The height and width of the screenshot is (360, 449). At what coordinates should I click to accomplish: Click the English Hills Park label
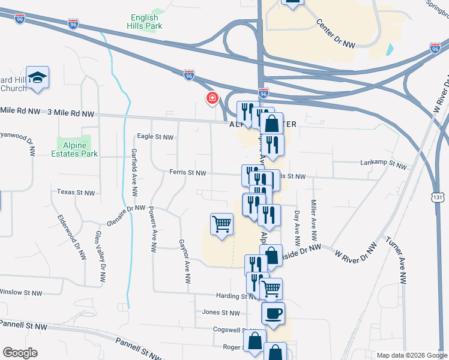[145, 22]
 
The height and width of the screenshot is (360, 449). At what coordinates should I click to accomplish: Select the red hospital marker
[212, 98]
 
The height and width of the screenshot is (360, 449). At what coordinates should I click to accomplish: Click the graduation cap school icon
[38, 77]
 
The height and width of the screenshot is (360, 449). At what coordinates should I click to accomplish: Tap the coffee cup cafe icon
[273, 314]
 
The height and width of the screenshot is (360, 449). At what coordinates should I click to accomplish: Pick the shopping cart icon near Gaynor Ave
[221, 224]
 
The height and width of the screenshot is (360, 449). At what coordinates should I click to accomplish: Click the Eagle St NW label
[155, 137]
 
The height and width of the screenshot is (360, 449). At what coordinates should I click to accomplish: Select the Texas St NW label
[76, 193]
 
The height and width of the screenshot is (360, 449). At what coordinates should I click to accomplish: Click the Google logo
[20, 353]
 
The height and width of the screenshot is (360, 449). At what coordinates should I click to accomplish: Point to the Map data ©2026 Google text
[412, 355]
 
